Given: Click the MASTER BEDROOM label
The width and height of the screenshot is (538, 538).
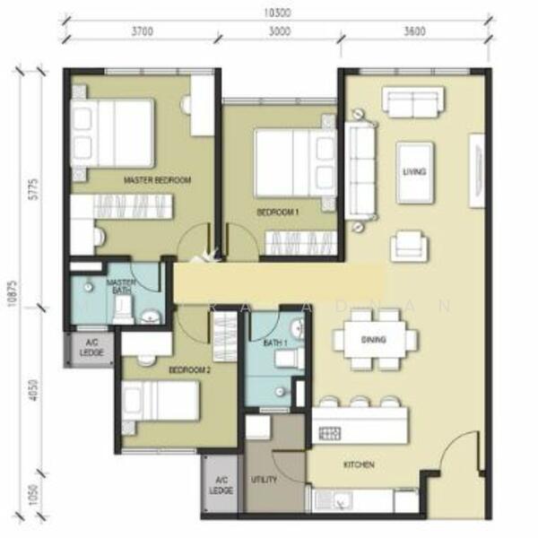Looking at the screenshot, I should tap(158, 181).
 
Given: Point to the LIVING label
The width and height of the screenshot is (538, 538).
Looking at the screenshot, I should tap(414, 171).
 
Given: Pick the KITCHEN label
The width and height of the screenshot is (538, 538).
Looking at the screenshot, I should tap(358, 464).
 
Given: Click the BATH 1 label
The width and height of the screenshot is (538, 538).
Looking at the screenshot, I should tap(274, 343).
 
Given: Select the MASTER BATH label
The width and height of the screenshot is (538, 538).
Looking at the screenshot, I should tap(120, 287).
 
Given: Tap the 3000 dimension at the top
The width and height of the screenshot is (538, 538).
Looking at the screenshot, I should tap(280, 32).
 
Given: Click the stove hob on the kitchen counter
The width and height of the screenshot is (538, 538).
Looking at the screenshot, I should tap(329, 433).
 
